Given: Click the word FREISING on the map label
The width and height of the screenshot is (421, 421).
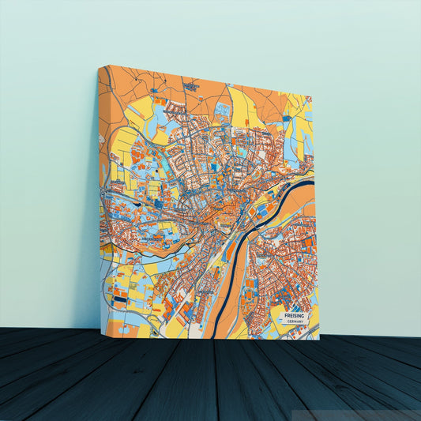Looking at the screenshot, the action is (294, 315).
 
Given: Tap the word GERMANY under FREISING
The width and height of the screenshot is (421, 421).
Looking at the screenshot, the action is (295, 322).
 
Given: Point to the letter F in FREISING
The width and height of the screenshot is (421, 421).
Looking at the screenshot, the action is (284, 315).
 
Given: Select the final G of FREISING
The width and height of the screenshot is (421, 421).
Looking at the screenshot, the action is (305, 315).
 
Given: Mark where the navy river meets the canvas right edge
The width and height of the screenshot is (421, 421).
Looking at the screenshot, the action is (313, 183).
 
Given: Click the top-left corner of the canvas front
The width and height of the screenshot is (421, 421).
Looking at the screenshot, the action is (99, 66).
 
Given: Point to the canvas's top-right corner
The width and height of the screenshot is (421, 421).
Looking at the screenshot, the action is (314, 95).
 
